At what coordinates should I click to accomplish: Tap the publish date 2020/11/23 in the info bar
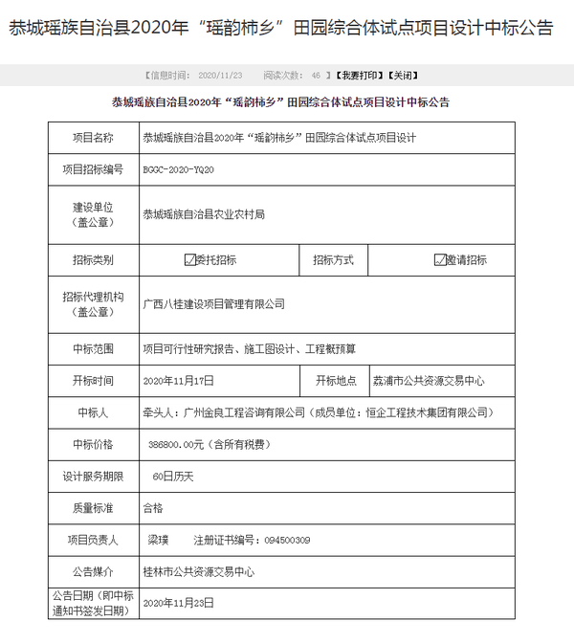(221, 74)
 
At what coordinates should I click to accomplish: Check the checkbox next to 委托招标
(190, 259)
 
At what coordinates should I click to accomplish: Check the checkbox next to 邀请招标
(440, 259)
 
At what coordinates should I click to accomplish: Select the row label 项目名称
(93, 138)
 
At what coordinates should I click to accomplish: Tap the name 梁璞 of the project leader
(159, 540)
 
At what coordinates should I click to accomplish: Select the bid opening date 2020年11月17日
(178, 380)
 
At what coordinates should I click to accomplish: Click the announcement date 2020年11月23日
(179, 603)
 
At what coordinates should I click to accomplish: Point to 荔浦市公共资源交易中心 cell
(429, 380)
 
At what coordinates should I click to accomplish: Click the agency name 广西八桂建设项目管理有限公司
(214, 303)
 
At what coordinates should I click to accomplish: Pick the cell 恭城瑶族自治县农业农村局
(204, 214)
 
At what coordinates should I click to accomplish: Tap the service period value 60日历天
(173, 476)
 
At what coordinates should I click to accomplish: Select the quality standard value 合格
(153, 508)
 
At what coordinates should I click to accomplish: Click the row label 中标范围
(93, 348)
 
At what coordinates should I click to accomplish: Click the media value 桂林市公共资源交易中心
(198, 571)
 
